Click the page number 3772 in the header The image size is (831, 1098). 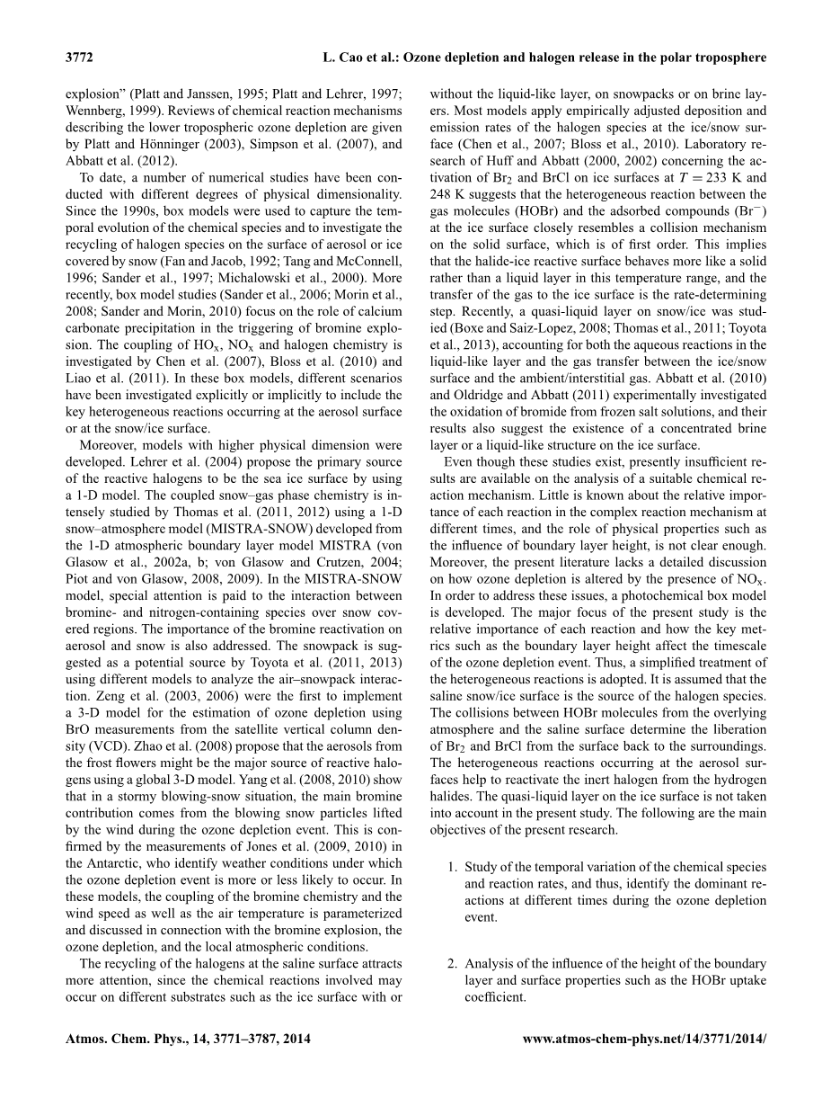(80, 58)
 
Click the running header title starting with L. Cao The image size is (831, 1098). (544, 58)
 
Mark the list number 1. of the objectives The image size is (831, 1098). (453, 867)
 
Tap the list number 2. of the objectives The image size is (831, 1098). (453, 964)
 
